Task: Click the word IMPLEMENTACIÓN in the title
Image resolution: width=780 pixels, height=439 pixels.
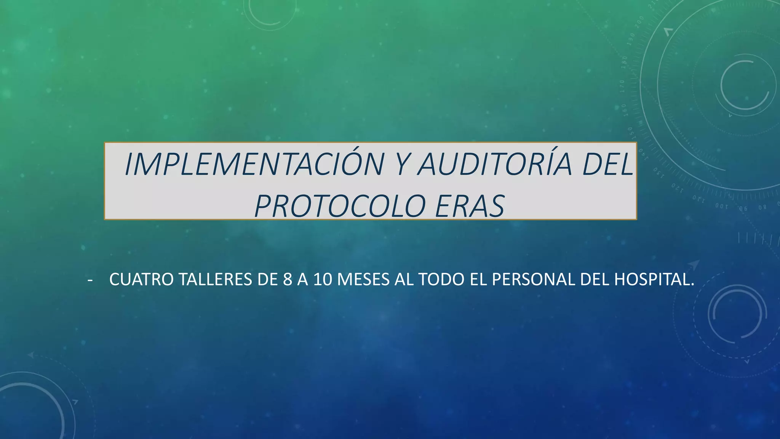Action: (254, 165)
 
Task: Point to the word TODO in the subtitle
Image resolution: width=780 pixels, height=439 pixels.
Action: (442, 280)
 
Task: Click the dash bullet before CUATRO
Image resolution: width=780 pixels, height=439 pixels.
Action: (90, 280)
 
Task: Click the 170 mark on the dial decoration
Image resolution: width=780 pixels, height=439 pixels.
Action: (622, 86)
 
